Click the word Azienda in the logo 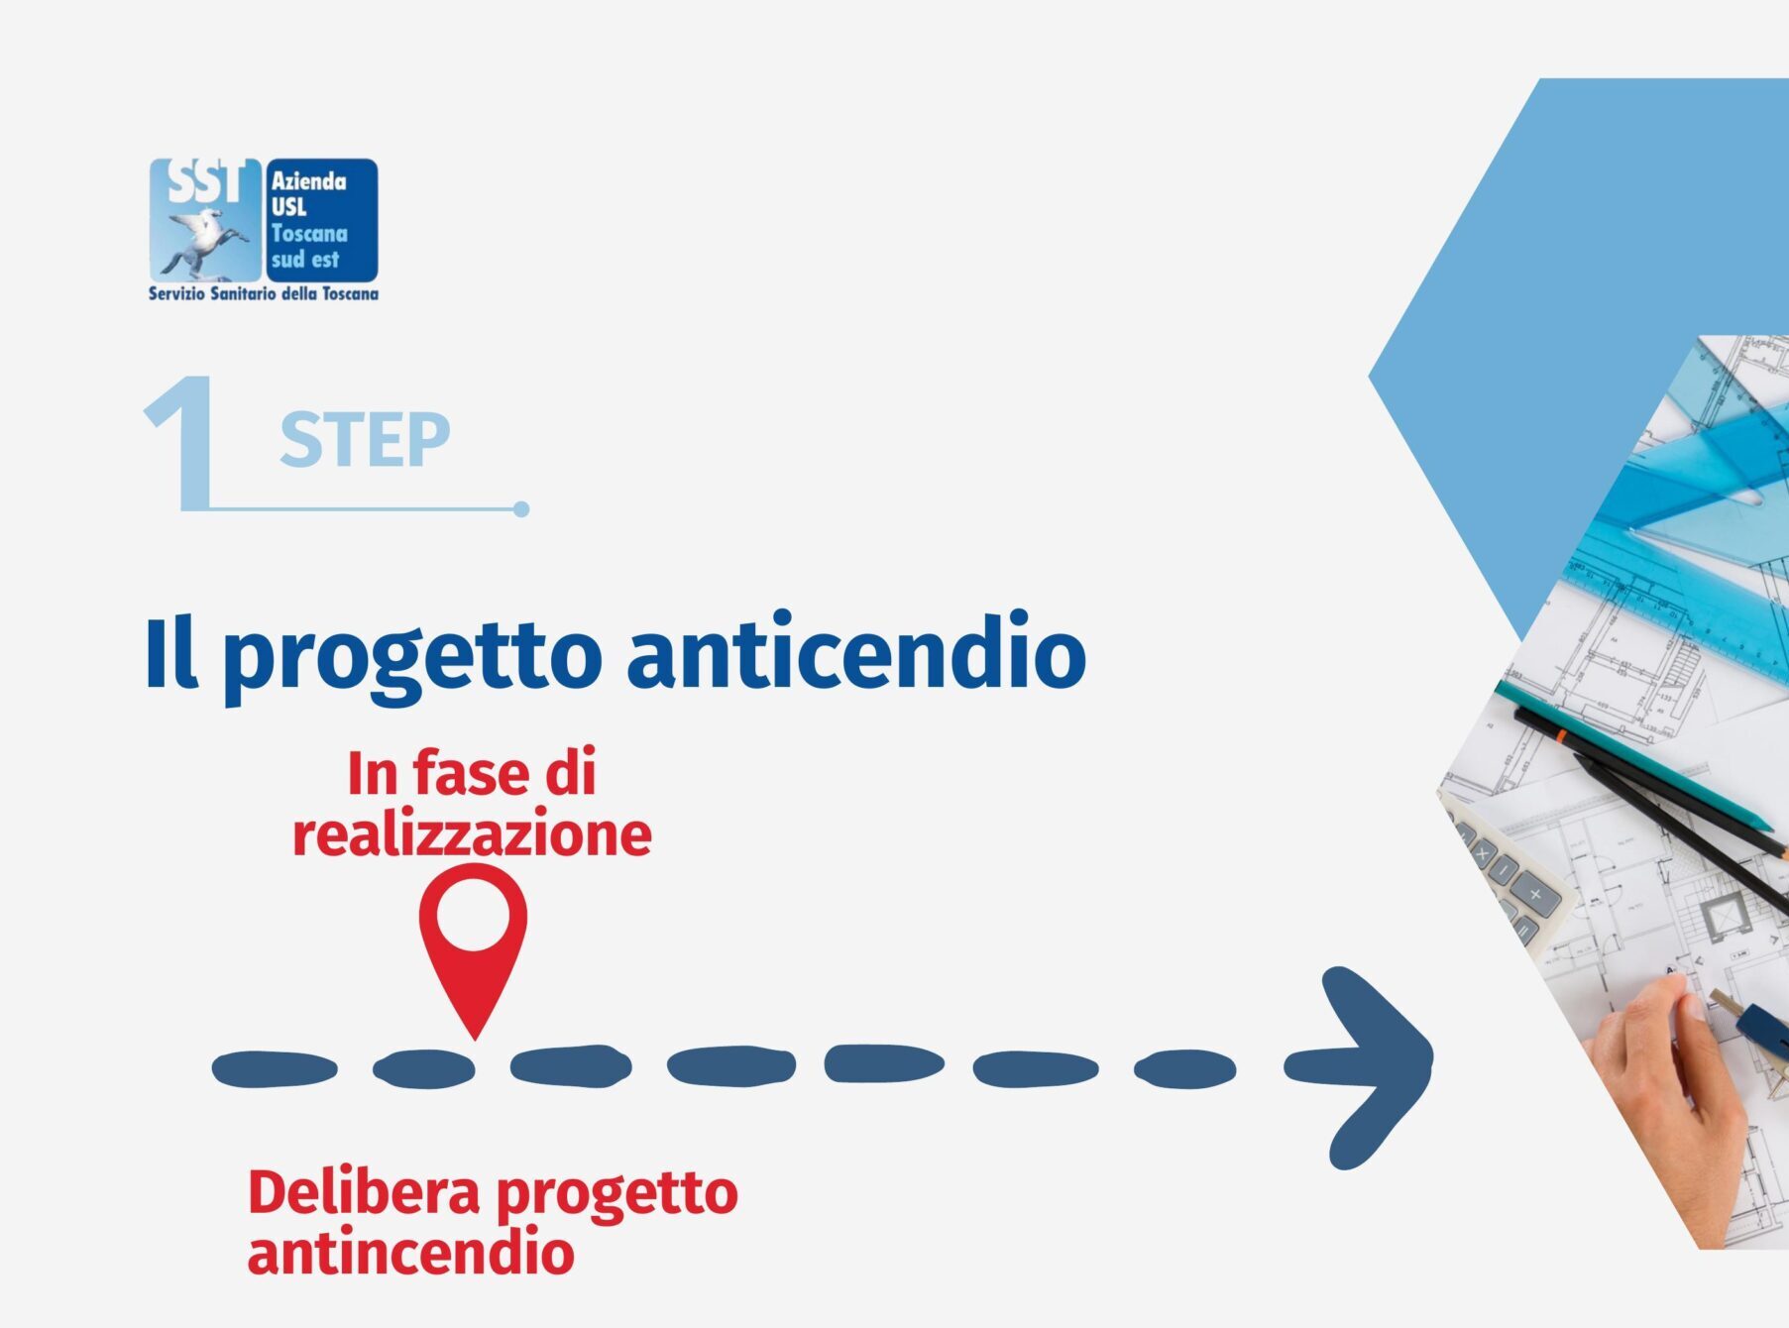309,181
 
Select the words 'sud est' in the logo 305,260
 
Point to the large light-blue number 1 184,443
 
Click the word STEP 365,440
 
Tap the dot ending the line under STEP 521,509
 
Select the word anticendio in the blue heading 857,650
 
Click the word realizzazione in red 472,833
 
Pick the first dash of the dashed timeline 275,1069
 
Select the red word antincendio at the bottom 410,1253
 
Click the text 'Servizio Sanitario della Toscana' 264,293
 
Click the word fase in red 472,773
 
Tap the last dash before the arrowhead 1185,1069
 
